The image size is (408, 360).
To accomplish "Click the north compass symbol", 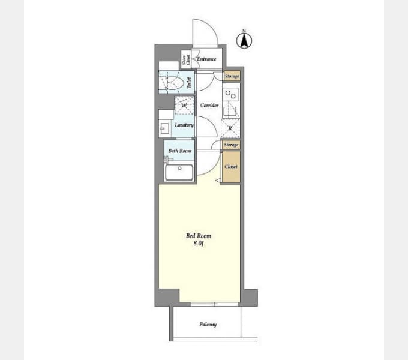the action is click(x=244, y=40).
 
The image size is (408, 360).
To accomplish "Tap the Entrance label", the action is click(x=206, y=59).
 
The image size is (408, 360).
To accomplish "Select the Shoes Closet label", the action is click(x=186, y=60).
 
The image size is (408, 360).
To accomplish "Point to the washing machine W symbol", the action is click(x=184, y=106).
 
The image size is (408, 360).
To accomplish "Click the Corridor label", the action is click(x=209, y=105).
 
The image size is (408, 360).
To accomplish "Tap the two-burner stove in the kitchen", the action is click(x=230, y=94).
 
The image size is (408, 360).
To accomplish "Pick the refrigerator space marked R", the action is click(x=230, y=128).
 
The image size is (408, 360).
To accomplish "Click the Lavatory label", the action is click(x=184, y=125).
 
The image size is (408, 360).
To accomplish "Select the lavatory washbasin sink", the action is click(x=164, y=128).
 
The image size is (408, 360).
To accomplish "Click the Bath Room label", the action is click(x=180, y=151).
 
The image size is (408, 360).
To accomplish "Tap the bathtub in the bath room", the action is click(x=179, y=172).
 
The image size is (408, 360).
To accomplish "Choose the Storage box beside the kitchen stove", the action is click(x=232, y=76).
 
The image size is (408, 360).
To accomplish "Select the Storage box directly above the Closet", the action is click(x=231, y=145).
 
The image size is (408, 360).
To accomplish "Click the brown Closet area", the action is click(x=231, y=167).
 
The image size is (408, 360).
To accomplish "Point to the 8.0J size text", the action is click(x=199, y=244).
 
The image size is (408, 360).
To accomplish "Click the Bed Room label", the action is click(x=199, y=236).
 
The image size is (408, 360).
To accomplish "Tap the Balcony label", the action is click(x=208, y=325).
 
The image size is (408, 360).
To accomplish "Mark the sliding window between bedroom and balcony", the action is click(x=214, y=304).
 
